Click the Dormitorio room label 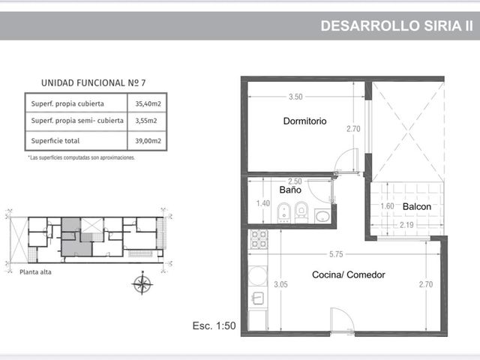[304, 121]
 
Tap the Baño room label [290, 190]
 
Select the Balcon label [417, 207]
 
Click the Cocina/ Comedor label [348, 274]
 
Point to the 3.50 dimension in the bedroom [295, 97]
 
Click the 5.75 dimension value [336, 254]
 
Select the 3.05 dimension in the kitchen [280, 284]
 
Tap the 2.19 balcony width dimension [406, 225]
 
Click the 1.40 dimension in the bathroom [263, 203]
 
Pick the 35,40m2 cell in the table [148, 103]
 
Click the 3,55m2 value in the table [146, 121]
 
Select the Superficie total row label [55, 141]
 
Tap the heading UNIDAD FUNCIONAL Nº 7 [93, 83]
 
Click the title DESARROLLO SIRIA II [397, 26]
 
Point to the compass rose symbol [142, 283]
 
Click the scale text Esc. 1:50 [214, 325]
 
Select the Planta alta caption [35, 272]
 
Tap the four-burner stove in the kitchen [259, 239]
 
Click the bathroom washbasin [322, 216]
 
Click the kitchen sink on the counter [258, 298]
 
